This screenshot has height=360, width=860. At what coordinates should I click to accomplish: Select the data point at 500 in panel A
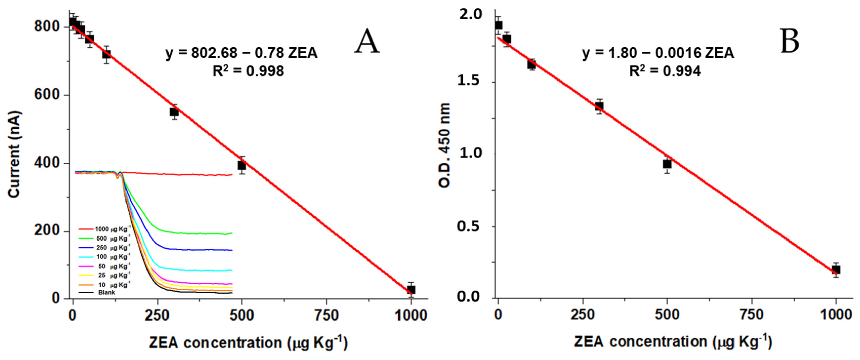coord(242,165)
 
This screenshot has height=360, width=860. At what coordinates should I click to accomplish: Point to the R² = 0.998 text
coord(248,71)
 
